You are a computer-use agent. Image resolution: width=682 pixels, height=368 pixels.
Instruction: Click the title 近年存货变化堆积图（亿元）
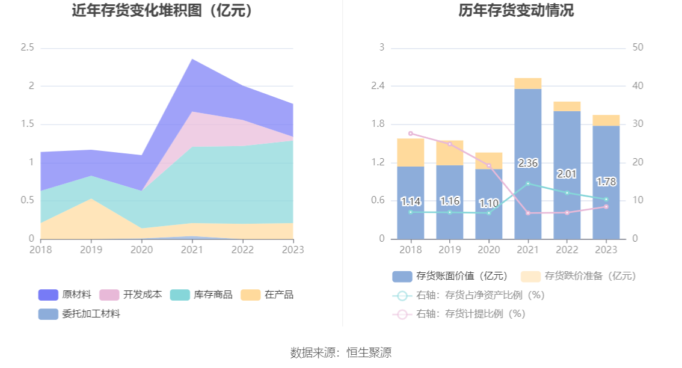(x=162, y=11)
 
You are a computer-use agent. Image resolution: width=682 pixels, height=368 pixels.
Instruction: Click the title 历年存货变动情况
(x=508, y=11)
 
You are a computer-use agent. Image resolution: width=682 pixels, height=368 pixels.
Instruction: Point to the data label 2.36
(x=527, y=163)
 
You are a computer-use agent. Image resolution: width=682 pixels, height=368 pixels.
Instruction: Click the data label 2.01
(x=567, y=174)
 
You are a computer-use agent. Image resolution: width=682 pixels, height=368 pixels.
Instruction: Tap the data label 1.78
(x=606, y=182)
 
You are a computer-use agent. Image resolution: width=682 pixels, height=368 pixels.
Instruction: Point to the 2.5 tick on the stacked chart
(x=27, y=48)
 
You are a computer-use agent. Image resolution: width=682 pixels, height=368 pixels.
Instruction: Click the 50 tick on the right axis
(x=639, y=48)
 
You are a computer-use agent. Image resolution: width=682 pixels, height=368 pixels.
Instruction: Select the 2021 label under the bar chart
(x=527, y=250)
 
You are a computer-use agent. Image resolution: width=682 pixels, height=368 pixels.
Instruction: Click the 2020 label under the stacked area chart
(x=141, y=250)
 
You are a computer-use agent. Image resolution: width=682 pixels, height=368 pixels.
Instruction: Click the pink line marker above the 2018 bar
(x=410, y=133)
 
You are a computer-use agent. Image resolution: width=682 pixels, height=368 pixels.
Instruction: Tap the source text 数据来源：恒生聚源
(x=340, y=353)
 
